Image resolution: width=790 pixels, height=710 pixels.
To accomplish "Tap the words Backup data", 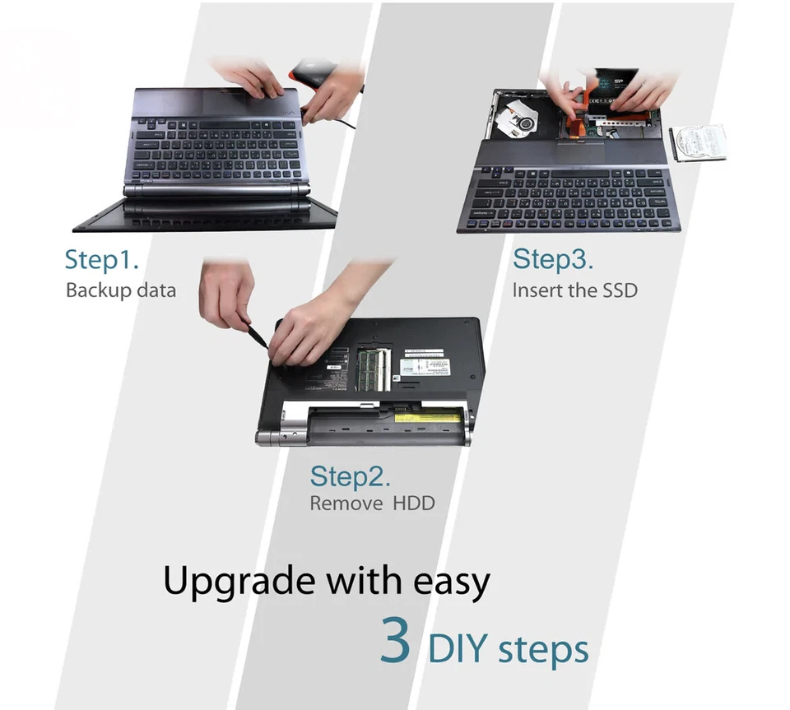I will pyautogui.click(x=120, y=290).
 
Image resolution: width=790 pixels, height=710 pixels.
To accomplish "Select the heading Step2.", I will pyautogui.click(x=350, y=476).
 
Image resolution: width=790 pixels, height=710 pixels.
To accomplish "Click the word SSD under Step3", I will pyautogui.click(x=618, y=290).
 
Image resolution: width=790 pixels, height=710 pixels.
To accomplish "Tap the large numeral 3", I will pyautogui.click(x=396, y=642).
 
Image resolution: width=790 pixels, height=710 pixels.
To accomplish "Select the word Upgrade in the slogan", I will pyautogui.click(x=239, y=582).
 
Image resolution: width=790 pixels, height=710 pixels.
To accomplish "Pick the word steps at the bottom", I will pyautogui.click(x=542, y=650).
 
